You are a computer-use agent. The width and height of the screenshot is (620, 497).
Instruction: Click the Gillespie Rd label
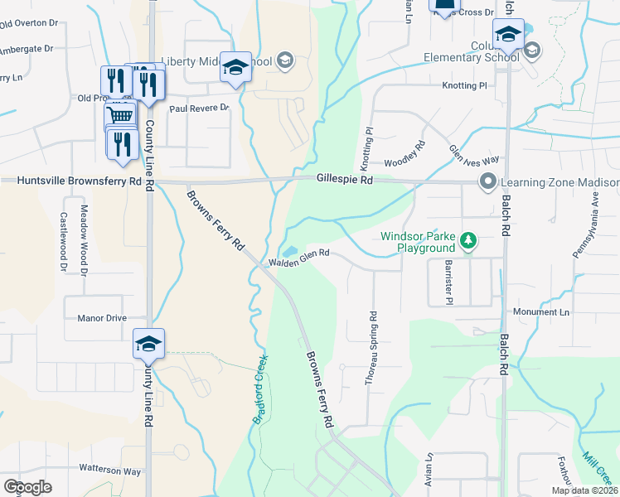[x=344, y=179]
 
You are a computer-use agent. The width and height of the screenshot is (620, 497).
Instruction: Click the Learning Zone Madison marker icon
[x=488, y=181]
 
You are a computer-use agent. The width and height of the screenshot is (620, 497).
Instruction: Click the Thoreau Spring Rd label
[x=372, y=348]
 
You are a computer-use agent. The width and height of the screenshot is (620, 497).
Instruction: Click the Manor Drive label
[x=101, y=317]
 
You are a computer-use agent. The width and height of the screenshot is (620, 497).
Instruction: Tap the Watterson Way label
[x=109, y=470]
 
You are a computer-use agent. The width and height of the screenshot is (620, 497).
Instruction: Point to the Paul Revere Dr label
[x=198, y=109]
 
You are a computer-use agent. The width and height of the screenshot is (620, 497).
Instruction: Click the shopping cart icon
[x=119, y=117]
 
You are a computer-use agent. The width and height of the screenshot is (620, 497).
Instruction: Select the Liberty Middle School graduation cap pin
[x=236, y=69]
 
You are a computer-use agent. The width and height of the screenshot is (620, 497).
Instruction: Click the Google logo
[x=27, y=487]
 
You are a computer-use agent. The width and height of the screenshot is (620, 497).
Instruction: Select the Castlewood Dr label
[x=63, y=241]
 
